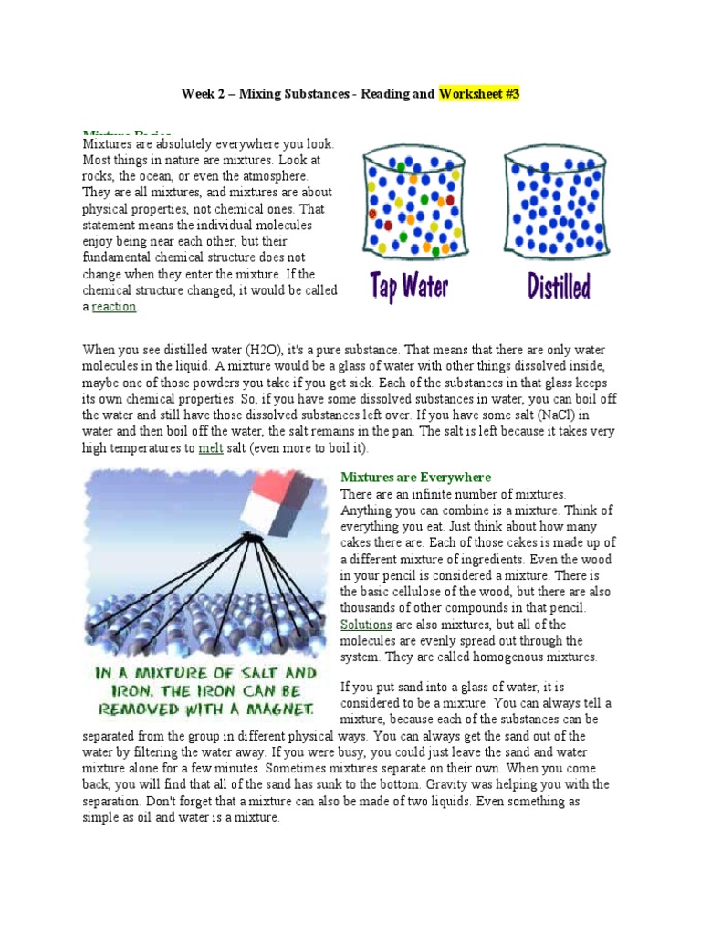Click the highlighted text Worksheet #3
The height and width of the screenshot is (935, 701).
(x=479, y=93)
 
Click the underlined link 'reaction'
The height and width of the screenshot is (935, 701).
(x=114, y=308)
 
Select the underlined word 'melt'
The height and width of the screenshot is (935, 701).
(x=211, y=448)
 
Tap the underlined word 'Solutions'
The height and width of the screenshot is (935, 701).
(x=366, y=625)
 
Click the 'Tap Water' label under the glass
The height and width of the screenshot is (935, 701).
(x=409, y=286)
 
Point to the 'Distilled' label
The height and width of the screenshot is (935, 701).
(x=559, y=286)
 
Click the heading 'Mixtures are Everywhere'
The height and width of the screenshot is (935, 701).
(x=415, y=478)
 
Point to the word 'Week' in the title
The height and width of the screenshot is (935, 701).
(x=198, y=93)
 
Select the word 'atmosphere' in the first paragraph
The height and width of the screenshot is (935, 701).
(x=277, y=176)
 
